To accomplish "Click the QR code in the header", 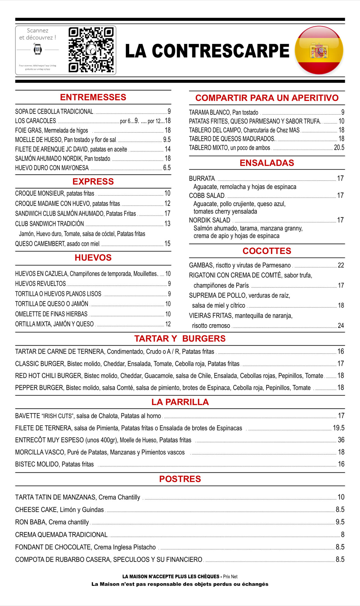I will tap(91, 50).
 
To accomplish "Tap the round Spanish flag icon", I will tap(319, 50).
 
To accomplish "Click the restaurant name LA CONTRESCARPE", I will tap(207, 51).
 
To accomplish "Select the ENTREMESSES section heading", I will tap(93, 97).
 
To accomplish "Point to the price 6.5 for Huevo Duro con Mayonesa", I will tap(167, 168).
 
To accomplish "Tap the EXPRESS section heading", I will tap(93, 182).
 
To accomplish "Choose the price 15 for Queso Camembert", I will tap(167, 244).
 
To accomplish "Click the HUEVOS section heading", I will tap(93, 258).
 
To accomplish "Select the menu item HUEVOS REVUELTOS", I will tap(40, 284).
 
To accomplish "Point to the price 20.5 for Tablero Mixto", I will tap(339, 148).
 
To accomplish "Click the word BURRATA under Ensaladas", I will tap(202, 179).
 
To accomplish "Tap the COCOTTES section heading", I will tap(267, 251).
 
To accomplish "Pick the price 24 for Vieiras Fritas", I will tap(341, 326).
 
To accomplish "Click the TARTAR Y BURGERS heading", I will tap(180, 339).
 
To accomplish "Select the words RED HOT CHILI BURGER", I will tap(48, 376).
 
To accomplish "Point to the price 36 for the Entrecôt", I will tap(341, 440).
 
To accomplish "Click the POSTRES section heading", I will tap(180, 479).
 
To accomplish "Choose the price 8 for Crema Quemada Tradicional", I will tap(343, 535).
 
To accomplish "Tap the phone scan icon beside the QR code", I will tap(38, 49).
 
